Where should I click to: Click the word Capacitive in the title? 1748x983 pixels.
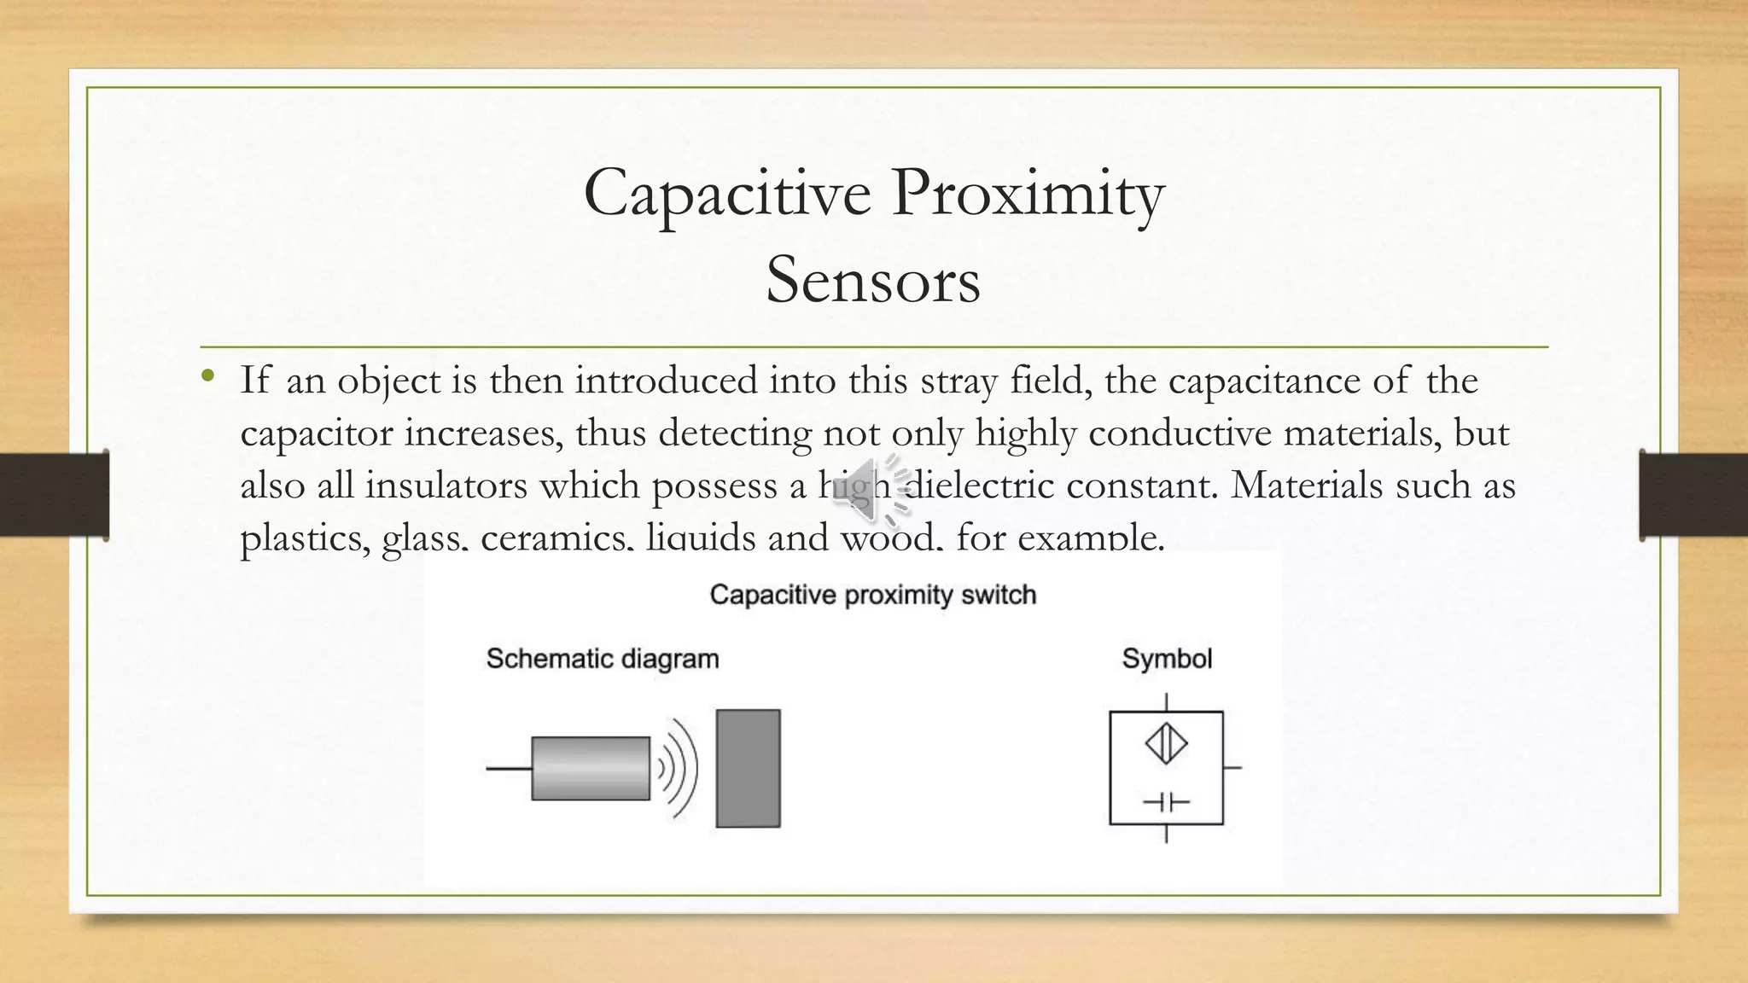(727, 193)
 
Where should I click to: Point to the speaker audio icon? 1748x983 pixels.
(871, 488)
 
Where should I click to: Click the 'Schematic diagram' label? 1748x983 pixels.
(603, 659)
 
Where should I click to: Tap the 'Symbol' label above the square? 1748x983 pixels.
(1166, 659)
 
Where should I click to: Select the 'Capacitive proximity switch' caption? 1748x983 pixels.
(872, 595)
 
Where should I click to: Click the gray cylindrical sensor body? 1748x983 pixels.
(591, 768)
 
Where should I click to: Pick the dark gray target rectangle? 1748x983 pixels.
(748, 768)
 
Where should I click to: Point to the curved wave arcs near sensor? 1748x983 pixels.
(678, 768)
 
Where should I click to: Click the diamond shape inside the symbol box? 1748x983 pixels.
(1166, 744)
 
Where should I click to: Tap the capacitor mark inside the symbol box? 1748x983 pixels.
(1166, 802)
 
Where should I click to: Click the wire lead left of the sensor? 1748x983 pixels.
(509, 768)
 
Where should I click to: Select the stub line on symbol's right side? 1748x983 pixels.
(1232, 767)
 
